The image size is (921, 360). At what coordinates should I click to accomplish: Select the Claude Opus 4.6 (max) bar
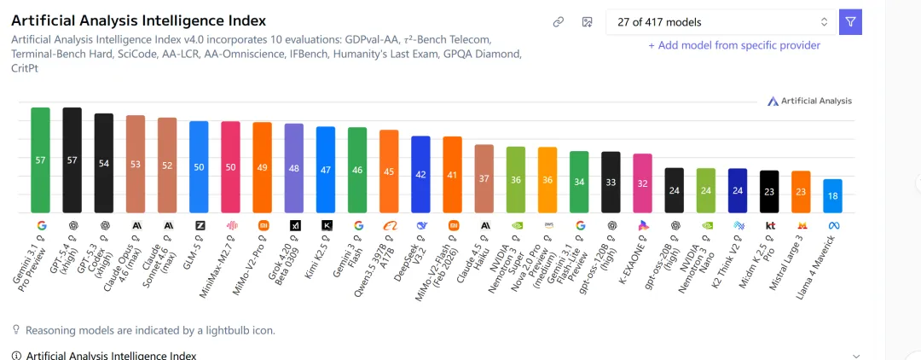tap(136, 164)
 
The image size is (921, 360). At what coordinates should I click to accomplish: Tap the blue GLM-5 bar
tap(199, 166)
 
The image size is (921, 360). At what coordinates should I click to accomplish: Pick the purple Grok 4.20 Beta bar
tap(294, 168)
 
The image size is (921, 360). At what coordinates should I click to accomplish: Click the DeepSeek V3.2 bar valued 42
tap(421, 174)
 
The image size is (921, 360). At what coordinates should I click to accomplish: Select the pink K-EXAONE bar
tap(643, 183)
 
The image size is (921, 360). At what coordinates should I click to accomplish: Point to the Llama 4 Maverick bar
tap(832, 195)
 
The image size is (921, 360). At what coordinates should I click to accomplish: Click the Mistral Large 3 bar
tap(801, 192)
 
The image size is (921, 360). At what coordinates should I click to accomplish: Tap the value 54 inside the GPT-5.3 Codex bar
tap(104, 163)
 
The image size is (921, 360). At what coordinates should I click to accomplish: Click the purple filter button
tap(850, 22)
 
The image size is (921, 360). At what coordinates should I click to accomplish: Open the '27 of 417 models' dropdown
tap(721, 22)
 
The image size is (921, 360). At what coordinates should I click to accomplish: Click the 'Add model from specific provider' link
tap(734, 45)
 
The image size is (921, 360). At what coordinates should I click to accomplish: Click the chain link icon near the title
tap(559, 22)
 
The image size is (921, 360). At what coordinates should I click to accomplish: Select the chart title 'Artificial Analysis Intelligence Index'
tap(139, 20)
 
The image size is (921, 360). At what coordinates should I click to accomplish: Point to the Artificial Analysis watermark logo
tap(810, 101)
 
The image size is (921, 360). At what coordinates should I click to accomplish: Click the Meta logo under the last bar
tap(832, 225)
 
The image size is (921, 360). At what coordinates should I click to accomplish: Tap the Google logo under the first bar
tap(40, 225)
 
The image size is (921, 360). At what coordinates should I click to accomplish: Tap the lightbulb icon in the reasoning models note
tap(15, 329)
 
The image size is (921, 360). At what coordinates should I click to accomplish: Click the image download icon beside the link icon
tap(587, 22)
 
